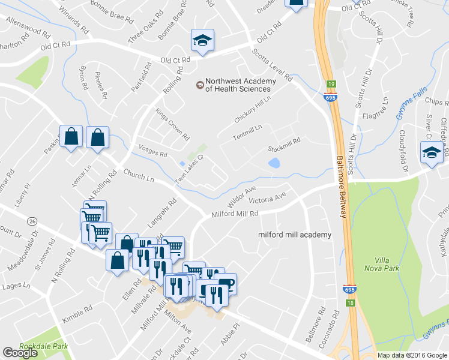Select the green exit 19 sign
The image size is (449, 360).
[331, 85]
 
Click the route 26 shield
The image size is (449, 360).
[32, 221]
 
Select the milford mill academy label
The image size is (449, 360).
[295, 235]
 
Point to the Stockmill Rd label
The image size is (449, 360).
[284, 144]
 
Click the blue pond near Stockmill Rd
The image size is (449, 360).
[274, 163]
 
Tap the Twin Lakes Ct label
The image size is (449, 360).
[190, 170]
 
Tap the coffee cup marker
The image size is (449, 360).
[226, 283]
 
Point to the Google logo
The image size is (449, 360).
[20, 353]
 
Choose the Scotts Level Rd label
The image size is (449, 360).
[272, 67]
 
